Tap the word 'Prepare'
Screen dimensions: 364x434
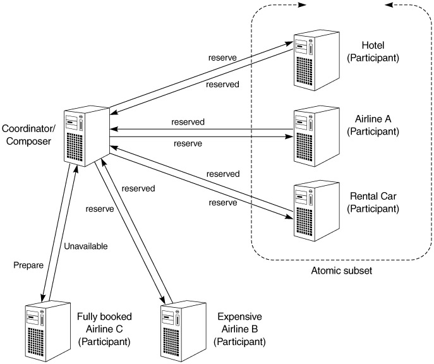point(28,266)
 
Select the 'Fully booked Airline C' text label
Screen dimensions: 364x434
point(104,328)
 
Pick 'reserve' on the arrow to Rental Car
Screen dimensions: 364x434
point(222,203)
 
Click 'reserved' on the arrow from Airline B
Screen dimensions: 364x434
point(139,188)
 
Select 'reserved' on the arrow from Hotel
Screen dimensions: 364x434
point(222,85)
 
